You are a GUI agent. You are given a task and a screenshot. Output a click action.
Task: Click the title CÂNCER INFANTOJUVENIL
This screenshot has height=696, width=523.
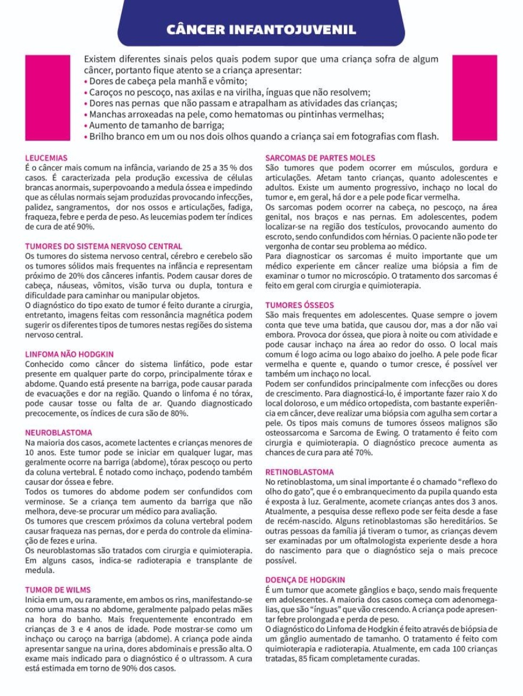261,29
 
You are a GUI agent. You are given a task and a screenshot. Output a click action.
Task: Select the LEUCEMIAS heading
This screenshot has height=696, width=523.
46,158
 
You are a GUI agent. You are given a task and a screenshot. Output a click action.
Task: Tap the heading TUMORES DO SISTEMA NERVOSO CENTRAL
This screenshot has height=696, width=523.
104,246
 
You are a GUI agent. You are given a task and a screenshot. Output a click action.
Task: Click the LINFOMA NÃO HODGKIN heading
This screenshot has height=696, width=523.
69,354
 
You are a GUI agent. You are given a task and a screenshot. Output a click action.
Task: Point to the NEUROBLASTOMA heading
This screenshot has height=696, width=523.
58,433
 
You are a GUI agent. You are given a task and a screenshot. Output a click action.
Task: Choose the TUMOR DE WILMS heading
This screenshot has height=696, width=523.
58,590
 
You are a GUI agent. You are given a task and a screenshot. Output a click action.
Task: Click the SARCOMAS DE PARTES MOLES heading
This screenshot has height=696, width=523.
320,158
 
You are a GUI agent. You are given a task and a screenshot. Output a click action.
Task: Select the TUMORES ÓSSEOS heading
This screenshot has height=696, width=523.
300,305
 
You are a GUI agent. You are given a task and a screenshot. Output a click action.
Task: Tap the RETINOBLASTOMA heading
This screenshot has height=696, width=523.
300,472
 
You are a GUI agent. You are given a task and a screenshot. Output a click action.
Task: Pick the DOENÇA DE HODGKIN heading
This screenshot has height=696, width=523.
305,580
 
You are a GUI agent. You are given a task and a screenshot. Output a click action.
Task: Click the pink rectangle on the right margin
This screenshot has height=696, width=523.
475,97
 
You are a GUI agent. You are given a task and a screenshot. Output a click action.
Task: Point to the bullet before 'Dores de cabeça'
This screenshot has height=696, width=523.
86,82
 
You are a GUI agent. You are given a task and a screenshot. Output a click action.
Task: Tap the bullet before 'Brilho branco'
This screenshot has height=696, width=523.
86,137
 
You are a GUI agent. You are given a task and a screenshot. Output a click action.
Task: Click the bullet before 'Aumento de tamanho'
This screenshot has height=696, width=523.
86,126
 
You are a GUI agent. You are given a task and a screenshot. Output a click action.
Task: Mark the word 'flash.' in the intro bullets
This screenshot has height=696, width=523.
427,137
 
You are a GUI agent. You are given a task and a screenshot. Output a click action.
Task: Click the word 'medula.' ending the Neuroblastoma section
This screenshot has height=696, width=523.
40,570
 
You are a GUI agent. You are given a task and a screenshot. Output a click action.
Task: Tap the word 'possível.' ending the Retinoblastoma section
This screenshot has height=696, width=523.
281,561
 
